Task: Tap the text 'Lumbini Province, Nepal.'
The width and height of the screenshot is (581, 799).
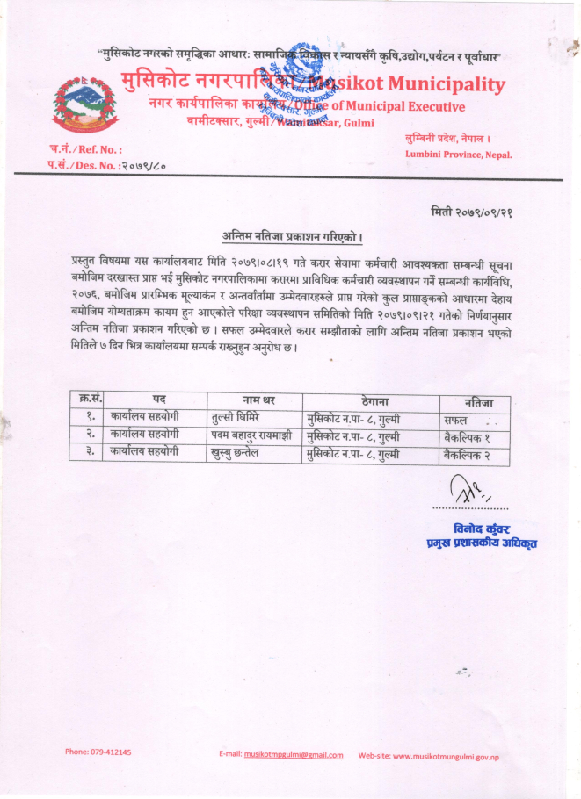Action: (459, 155)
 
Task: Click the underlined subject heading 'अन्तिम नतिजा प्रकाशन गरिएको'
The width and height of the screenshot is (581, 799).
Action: (293, 237)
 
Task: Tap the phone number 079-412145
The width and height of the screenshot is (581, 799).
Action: (98, 752)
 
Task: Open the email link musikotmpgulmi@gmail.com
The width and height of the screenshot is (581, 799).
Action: (294, 754)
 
